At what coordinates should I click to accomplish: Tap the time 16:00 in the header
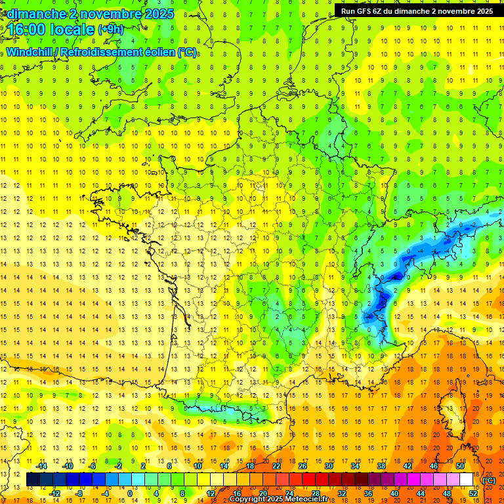pos(28,30)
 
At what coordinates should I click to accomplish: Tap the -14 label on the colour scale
pos(43,466)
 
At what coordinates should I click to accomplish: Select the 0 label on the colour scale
pos(129,493)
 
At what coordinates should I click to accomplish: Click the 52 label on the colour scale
pos(473,493)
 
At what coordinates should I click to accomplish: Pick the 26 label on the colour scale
pos(302,466)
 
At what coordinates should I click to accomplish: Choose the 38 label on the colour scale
pos(381,466)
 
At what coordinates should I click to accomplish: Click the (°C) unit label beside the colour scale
pos(489,480)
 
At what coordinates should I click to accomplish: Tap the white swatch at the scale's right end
pos(467,480)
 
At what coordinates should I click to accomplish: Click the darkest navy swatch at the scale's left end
pos(33,480)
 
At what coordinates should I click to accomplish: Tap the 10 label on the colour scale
pos(198,466)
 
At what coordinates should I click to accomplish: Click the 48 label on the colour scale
pos(447,493)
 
